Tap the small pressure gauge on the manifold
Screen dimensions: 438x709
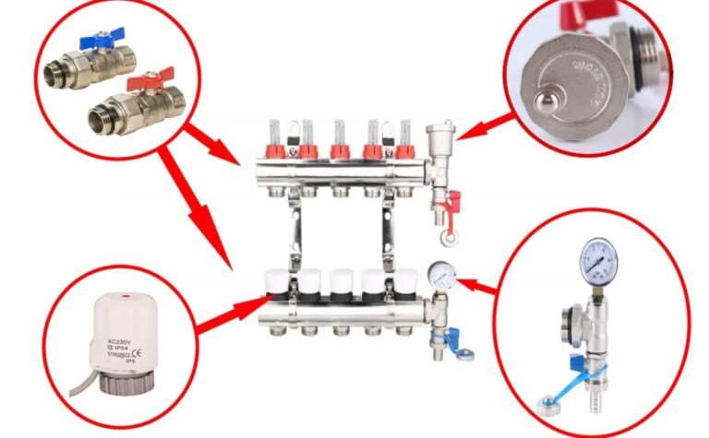pos(438,273)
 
